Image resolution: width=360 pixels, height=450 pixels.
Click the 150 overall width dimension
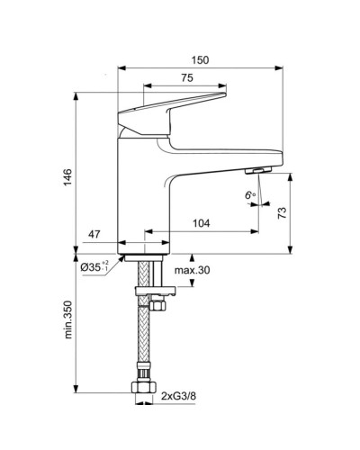click(x=200, y=60)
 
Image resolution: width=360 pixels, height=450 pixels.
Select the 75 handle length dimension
click(x=187, y=78)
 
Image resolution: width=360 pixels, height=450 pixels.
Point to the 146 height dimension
click(x=68, y=177)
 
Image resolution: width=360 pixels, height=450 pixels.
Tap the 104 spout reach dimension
click(x=202, y=223)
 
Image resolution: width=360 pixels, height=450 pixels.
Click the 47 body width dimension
click(x=94, y=234)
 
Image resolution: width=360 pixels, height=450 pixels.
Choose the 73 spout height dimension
click(x=282, y=212)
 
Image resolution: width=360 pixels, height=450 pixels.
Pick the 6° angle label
click(x=250, y=195)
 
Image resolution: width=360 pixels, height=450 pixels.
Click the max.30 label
click(x=193, y=270)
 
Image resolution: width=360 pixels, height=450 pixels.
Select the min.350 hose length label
click(x=68, y=319)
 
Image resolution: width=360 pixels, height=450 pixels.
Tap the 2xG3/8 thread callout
click(x=178, y=396)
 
